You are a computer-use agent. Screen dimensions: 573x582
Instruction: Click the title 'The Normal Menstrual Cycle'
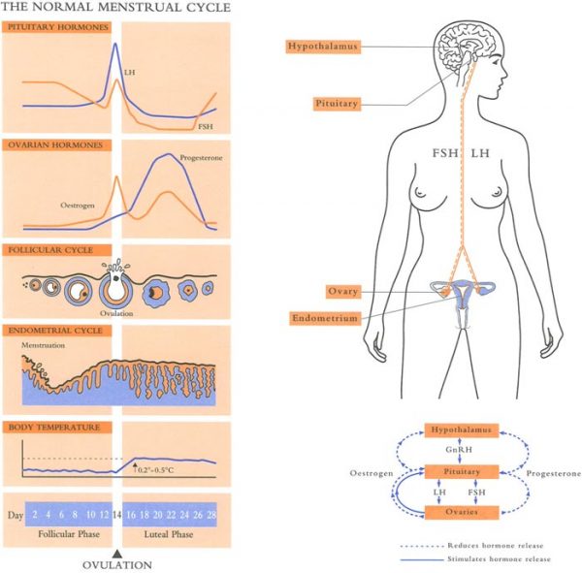click(117, 8)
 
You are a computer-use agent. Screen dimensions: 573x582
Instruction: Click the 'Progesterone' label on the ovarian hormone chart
click(201, 157)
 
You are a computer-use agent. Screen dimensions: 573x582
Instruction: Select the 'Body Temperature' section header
click(49, 428)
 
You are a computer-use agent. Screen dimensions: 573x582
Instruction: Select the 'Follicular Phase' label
click(65, 534)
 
